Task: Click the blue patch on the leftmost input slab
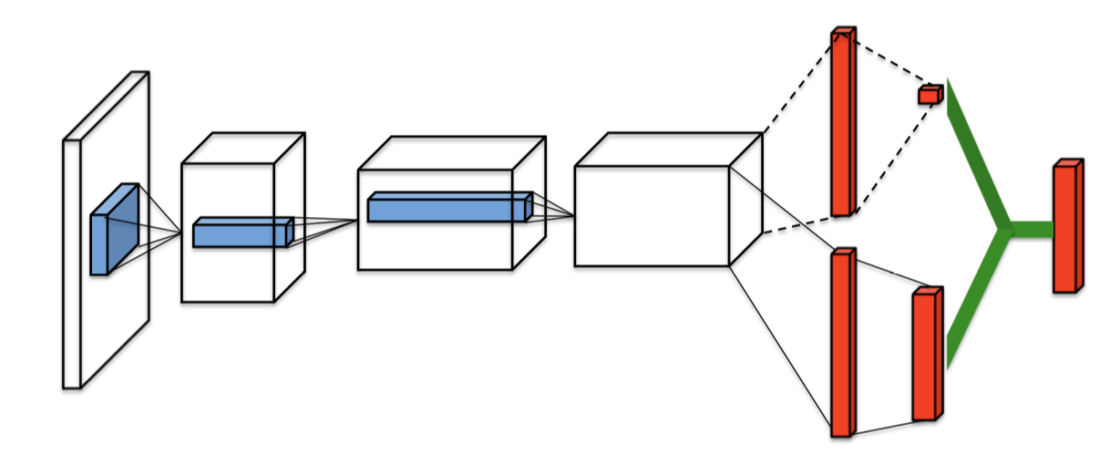pyautogui.click(x=112, y=232)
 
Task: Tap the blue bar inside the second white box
pyautogui.click(x=242, y=233)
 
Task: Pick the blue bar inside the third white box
pyautogui.click(x=447, y=208)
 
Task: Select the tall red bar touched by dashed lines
pyautogui.click(x=842, y=123)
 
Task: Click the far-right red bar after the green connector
pyautogui.click(x=1065, y=228)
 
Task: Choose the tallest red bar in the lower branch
pyautogui.click(x=842, y=343)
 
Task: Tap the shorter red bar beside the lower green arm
pyautogui.click(x=925, y=356)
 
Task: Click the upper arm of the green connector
pyautogui.click(x=975, y=155)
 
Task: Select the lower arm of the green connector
pyautogui.click(x=975, y=301)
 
